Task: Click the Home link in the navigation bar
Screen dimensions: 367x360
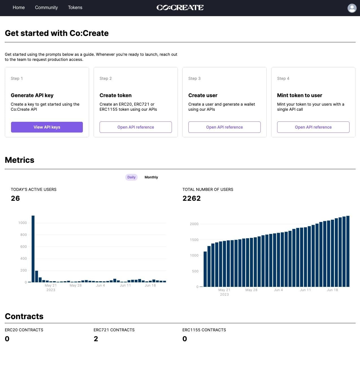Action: click(19, 8)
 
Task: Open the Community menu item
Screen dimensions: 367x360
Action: click(46, 8)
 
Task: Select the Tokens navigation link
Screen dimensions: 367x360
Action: click(75, 8)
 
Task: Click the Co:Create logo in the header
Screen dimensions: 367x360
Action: click(180, 8)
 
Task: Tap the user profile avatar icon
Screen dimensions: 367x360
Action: click(352, 8)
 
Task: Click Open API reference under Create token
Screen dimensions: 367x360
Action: click(136, 127)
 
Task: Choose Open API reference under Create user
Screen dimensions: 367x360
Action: click(225, 127)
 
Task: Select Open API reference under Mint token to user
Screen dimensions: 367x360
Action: click(313, 127)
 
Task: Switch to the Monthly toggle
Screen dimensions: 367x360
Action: click(151, 177)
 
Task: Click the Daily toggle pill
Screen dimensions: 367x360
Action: click(131, 177)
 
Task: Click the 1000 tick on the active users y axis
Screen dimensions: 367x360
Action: click(23, 223)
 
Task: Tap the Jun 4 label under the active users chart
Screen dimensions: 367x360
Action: click(100, 285)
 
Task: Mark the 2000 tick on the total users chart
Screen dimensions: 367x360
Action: click(194, 224)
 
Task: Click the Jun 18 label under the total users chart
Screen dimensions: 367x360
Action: click(332, 290)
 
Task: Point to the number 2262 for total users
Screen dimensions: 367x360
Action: click(191, 198)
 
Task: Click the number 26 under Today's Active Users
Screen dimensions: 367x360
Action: click(15, 198)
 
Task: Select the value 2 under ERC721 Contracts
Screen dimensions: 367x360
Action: click(96, 339)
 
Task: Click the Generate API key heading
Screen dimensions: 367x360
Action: click(32, 95)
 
